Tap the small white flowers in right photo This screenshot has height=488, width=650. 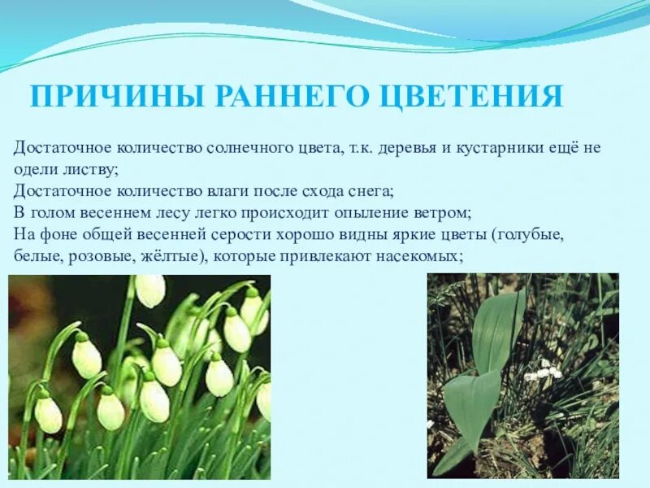(x=543, y=373)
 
